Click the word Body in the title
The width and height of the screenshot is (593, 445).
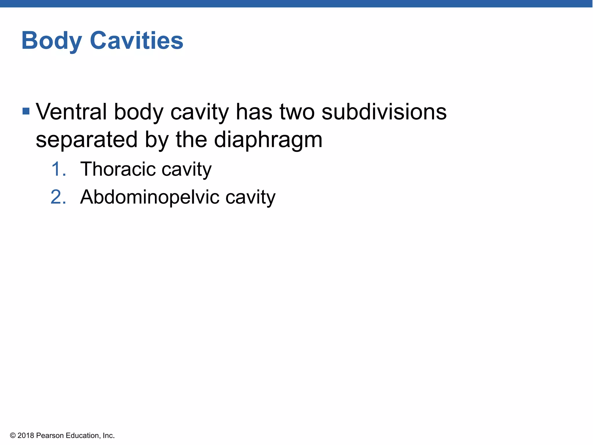click(x=52, y=41)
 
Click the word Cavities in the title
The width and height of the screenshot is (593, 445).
click(x=136, y=40)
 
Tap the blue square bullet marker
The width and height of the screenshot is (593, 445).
click(x=26, y=111)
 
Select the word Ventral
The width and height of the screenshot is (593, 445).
click(x=71, y=112)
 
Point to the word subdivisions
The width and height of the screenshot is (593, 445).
click(x=384, y=112)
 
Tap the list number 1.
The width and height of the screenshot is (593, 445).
click(x=58, y=169)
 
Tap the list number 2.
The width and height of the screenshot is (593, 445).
click(x=58, y=197)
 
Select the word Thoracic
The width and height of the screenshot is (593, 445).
click(x=118, y=169)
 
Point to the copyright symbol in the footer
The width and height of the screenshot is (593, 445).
click(x=13, y=435)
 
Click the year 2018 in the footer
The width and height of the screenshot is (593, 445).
click(x=26, y=435)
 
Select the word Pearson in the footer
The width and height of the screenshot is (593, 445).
click(x=50, y=435)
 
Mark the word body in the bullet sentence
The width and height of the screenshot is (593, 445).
click(x=139, y=112)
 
